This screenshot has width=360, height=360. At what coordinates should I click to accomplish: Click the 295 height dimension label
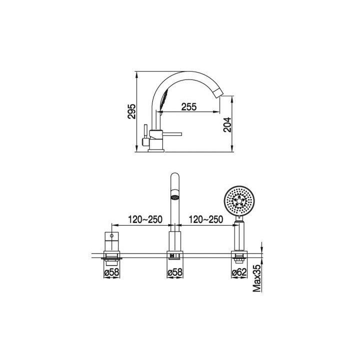tap(132, 111)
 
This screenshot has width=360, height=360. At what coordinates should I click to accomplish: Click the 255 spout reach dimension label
tap(189, 107)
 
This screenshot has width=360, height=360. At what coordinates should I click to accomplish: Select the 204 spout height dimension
tap(227, 124)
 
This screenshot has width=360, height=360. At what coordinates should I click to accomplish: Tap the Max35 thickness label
tap(257, 278)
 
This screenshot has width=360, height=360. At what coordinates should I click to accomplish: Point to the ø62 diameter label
tap(239, 272)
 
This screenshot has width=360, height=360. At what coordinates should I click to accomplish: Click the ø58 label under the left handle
tap(112, 272)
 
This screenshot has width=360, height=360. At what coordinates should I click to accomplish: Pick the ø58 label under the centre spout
tap(175, 272)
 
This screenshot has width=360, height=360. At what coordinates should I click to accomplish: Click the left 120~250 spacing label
tap(145, 219)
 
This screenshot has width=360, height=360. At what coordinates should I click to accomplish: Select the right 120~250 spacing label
tap(205, 219)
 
